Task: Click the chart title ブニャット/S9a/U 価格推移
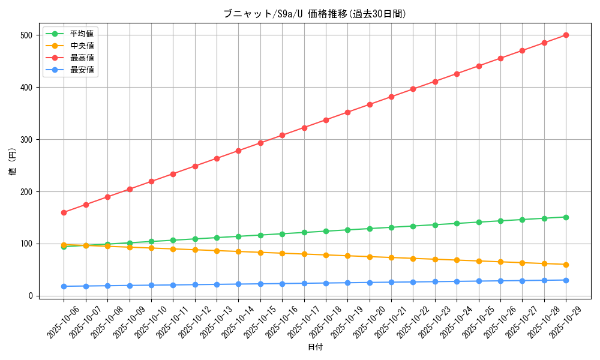click(314, 14)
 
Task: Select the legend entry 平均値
click(82, 34)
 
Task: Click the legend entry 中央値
click(82, 46)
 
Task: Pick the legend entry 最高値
click(82, 58)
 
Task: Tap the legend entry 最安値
click(82, 70)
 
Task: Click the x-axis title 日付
click(315, 347)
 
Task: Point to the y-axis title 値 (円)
click(13, 162)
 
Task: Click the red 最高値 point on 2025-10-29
click(566, 35)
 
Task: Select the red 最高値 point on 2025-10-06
click(64, 212)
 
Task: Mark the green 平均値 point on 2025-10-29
click(566, 217)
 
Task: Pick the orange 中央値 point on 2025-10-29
click(566, 265)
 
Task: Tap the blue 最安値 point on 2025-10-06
click(64, 286)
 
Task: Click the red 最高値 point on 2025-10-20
click(370, 104)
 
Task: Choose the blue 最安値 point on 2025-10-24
click(457, 281)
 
